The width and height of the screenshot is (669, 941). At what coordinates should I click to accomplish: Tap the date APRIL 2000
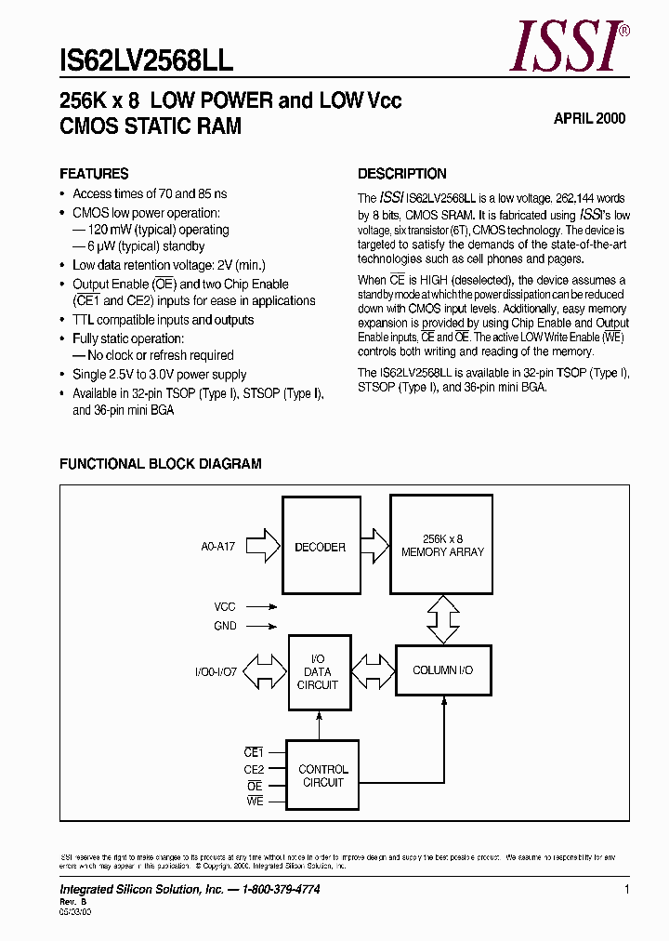click(x=589, y=118)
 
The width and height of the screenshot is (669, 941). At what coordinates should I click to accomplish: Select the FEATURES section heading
click(x=94, y=174)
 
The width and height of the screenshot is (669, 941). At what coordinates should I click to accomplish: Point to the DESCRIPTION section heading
click(x=402, y=174)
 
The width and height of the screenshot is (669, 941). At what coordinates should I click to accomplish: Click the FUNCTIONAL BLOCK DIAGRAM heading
click(x=161, y=464)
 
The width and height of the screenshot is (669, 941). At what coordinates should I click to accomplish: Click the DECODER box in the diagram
click(x=320, y=547)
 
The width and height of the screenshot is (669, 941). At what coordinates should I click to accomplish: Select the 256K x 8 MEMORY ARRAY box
click(x=442, y=545)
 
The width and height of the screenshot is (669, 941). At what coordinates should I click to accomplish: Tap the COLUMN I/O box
click(x=442, y=670)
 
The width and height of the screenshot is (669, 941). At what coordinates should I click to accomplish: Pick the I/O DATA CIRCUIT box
click(x=319, y=671)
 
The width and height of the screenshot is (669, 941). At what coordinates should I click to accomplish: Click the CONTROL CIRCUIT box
click(x=322, y=775)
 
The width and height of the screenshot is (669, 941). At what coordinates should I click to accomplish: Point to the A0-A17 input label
click(x=218, y=548)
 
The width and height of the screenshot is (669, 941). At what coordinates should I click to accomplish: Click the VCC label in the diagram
click(x=225, y=606)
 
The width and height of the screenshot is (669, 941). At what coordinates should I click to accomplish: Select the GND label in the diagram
click(x=225, y=627)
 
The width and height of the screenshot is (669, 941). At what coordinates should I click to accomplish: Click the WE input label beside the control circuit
click(x=255, y=802)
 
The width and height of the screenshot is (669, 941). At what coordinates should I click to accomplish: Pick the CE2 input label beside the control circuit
click(x=254, y=769)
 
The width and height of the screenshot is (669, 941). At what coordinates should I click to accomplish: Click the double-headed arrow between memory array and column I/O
click(x=442, y=618)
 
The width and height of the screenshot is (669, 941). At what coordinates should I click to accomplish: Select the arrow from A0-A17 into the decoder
click(x=266, y=547)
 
